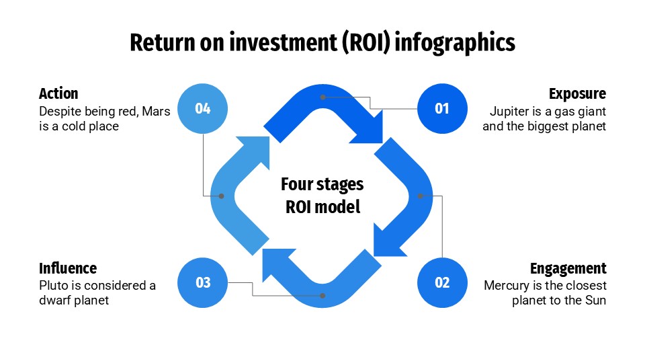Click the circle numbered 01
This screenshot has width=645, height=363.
[x=442, y=108]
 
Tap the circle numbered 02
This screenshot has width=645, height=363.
[x=442, y=282]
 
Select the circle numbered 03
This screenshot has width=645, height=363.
[x=203, y=282]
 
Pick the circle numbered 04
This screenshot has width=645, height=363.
[x=203, y=108]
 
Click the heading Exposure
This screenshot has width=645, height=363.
[x=577, y=93]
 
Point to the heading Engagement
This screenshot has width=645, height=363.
[x=568, y=268]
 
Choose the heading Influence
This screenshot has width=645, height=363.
[x=68, y=268]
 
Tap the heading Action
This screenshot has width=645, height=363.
[x=58, y=93]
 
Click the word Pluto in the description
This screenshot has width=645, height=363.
[x=53, y=286]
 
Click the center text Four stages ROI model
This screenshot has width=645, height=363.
[x=322, y=195]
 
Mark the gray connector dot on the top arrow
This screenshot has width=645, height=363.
[x=323, y=97]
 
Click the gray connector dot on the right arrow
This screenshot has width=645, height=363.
[x=420, y=196]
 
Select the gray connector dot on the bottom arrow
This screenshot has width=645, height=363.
[x=323, y=295]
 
